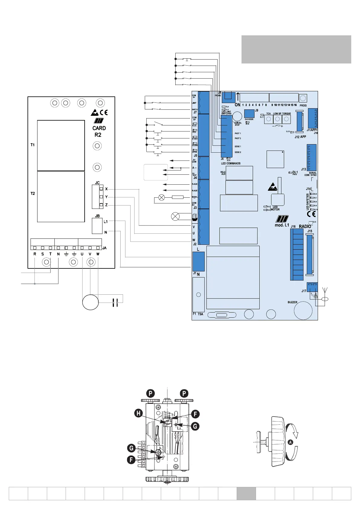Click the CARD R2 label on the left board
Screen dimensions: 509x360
[99, 131]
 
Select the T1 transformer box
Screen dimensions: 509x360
[61, 145]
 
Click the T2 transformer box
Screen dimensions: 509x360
[61, 196]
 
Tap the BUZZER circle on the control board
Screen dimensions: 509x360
[303, 310]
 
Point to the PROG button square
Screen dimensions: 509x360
[303, 98]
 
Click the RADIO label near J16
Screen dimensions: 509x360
[305, 226]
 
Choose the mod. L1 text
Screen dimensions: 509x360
[282, 225]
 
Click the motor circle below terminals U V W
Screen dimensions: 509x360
[90, 302]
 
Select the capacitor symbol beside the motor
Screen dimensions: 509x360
[115, 302]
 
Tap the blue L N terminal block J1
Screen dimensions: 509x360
[198, 261]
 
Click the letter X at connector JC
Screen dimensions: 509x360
[106, 189]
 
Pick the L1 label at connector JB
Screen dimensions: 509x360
[105, 222]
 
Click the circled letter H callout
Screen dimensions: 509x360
[139, 413]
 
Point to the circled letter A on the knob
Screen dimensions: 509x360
[290, 442]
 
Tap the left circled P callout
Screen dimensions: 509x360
[151, 393]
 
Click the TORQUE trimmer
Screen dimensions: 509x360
[286, 119]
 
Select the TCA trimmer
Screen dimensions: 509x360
[268, 119]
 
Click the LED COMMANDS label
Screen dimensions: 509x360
[231, 164]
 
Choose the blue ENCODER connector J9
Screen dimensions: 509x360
[249, 113]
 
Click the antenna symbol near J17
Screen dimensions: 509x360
[324, 291]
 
